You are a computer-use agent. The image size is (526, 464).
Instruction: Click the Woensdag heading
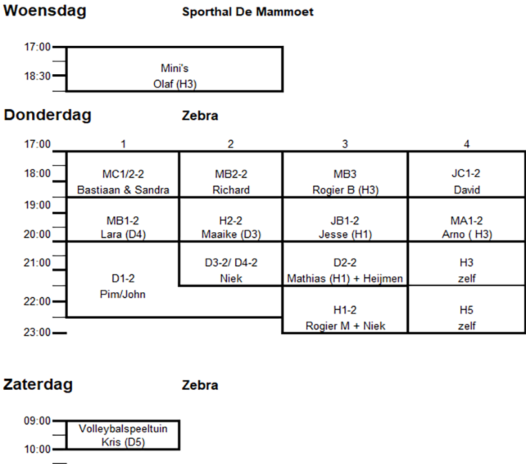pos(45,11)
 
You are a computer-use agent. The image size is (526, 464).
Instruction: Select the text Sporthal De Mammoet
pos(248,12)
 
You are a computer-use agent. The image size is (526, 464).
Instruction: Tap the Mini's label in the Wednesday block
pos(174,68)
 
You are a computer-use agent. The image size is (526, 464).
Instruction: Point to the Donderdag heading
pos(48,116)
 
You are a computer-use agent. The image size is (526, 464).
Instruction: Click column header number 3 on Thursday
pos(345,145)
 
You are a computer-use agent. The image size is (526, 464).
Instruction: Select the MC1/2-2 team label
pos(122,174)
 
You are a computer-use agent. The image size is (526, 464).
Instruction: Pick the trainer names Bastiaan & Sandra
pos(122,190)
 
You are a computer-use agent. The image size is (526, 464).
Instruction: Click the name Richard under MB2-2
pos(231,190)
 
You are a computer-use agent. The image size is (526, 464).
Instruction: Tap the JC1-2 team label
pos(466,174)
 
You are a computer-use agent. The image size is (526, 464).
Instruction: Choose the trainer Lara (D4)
pos(122,234)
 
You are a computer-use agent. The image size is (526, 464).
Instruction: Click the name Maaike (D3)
pos(231,234)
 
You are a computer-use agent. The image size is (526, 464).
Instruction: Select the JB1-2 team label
pos(345,220)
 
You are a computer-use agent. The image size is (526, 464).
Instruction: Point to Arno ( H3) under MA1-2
pos(466,234)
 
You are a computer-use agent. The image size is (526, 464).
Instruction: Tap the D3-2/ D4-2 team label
pos(231,263)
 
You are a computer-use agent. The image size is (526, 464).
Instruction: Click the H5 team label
pos(466,310)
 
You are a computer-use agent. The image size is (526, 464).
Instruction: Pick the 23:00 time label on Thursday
pos(37,333)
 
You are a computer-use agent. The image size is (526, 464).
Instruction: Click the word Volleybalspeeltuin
pos(122,429)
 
